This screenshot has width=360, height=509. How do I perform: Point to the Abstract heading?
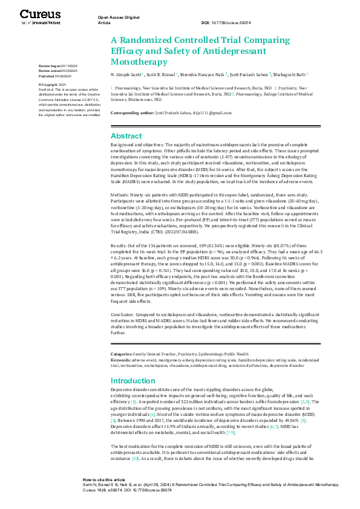tap(125, 136)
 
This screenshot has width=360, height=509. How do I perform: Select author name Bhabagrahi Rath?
tap(293, 74)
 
